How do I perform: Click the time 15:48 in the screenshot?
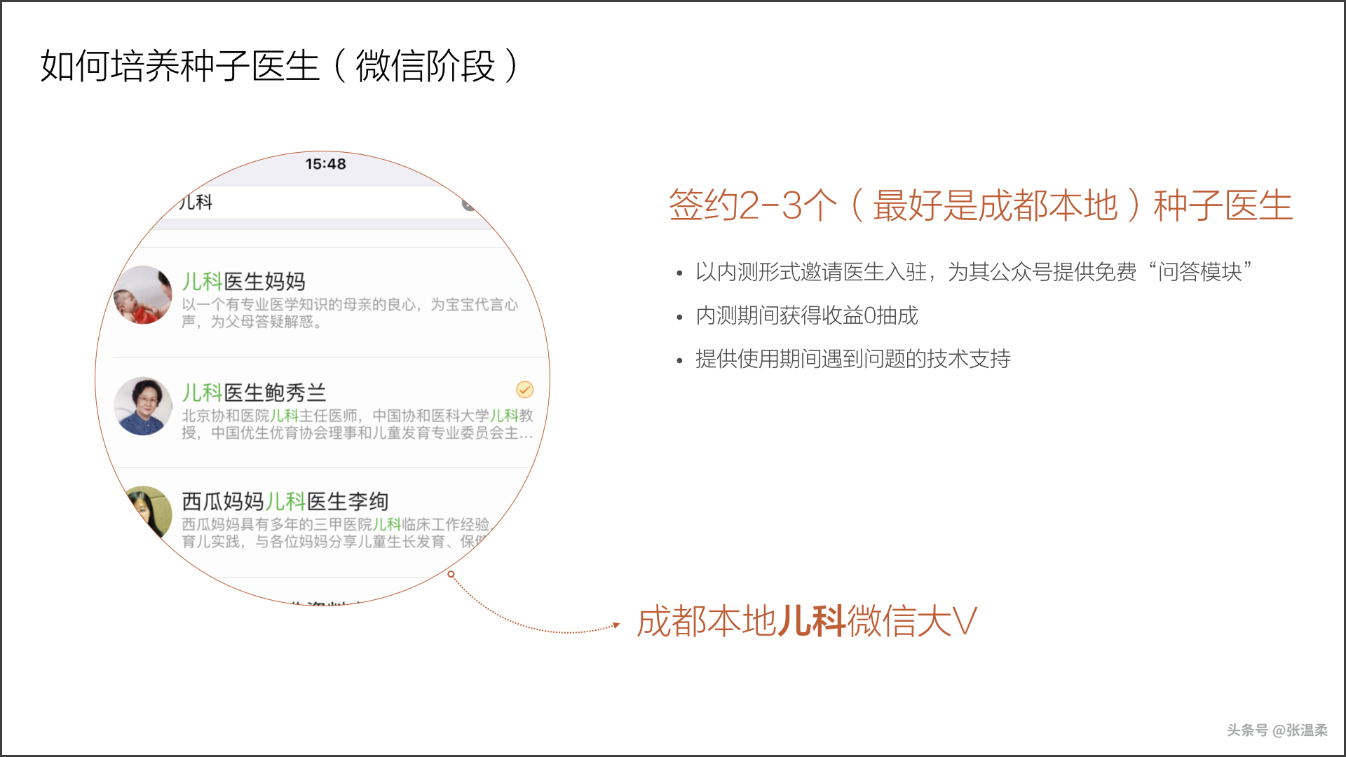325,164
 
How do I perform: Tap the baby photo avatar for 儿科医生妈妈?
143,295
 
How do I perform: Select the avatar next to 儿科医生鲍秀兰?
143,407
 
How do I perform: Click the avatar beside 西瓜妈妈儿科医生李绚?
149,512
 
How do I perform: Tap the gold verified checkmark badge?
524,390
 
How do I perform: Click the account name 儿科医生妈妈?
243,282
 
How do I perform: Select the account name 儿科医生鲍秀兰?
254,393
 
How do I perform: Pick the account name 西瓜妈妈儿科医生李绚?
285,502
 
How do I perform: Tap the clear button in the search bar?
468,205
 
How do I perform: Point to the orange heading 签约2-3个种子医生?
980,205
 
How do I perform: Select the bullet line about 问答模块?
973,272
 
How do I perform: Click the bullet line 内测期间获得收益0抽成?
806,316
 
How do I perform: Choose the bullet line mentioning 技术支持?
852,360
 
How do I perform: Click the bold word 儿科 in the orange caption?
812,621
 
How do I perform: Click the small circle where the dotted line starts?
451,574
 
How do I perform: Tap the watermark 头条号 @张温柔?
1277,730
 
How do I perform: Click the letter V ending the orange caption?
965,621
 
